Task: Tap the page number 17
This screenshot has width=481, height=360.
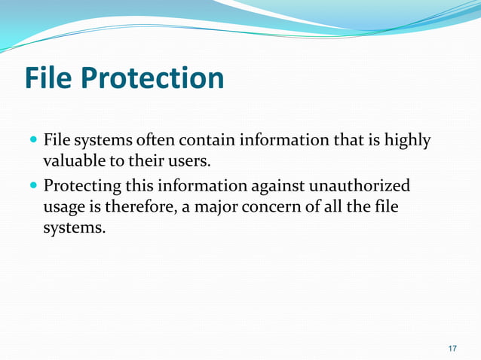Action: pos(452,348)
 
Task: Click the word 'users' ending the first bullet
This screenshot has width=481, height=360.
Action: pos(185,161)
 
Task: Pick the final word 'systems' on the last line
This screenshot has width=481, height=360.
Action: pos(73,227)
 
